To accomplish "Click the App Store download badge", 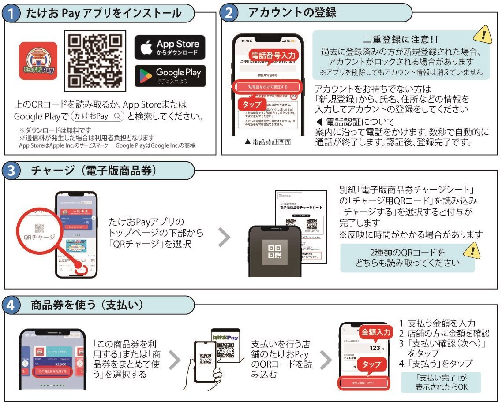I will point(170,48).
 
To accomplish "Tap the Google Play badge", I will point(170,76).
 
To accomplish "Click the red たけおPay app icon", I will point(38,61).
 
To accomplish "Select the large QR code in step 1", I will point(95,60).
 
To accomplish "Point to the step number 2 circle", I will point(229,13).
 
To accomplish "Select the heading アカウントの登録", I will point(292,13).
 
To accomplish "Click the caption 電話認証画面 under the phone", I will point(267,142).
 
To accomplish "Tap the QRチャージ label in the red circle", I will point(40,237).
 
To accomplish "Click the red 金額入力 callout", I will point(375,332).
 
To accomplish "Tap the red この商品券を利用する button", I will point(52,372).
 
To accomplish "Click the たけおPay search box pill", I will point(98,116).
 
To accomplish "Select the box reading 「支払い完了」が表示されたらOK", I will point(441,382).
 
